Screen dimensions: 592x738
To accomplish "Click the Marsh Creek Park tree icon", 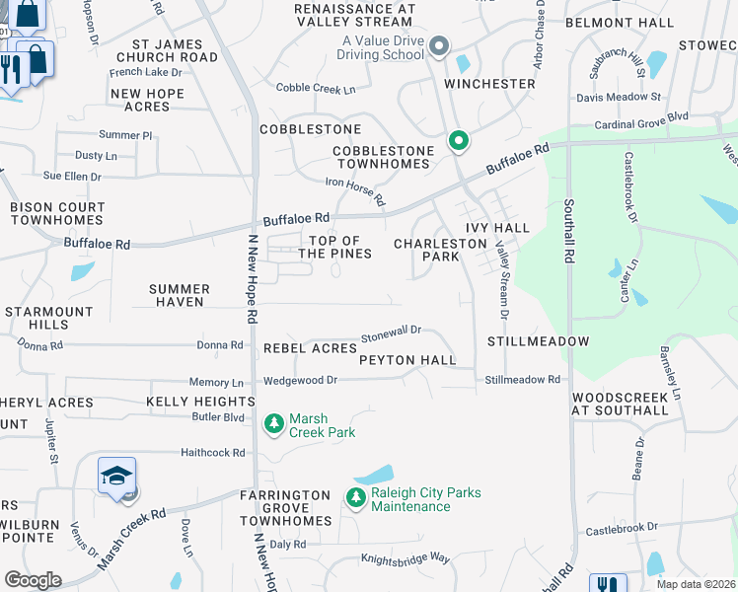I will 273,424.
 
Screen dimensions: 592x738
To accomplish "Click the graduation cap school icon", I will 116,477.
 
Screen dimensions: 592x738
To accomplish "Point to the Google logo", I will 33,580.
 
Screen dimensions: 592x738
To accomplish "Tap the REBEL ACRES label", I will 310,348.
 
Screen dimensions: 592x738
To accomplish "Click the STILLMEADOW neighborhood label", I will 538,341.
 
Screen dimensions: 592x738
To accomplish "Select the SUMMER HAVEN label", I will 180,296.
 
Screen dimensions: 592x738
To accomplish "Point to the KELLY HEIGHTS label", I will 200,402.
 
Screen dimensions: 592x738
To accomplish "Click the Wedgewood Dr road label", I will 300,380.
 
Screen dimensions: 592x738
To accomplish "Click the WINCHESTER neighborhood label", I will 489,84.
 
